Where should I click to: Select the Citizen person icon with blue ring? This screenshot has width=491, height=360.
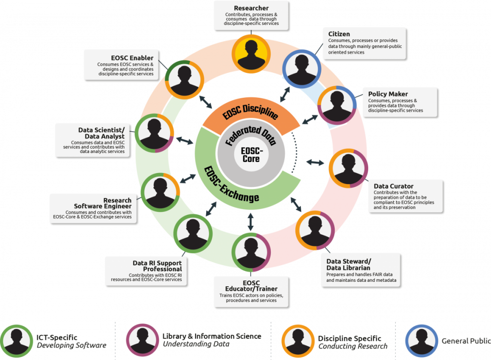click(301, 67)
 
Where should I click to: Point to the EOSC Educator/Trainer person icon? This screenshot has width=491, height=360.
click(251, 251)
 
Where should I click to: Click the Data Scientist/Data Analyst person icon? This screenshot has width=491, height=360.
click(154, 133)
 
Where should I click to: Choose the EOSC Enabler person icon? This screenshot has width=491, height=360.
click(184, 80)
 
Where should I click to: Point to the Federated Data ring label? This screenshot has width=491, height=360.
click(251, 135)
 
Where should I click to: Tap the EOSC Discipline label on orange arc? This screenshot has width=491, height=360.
click(251, 112)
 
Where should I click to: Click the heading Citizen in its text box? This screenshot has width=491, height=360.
click(339, 34)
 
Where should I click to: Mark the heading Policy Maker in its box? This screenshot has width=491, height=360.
click(388, 94)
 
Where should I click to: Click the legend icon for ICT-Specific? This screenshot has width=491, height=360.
click(17, 341)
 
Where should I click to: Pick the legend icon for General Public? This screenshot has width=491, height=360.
click(421, 341)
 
